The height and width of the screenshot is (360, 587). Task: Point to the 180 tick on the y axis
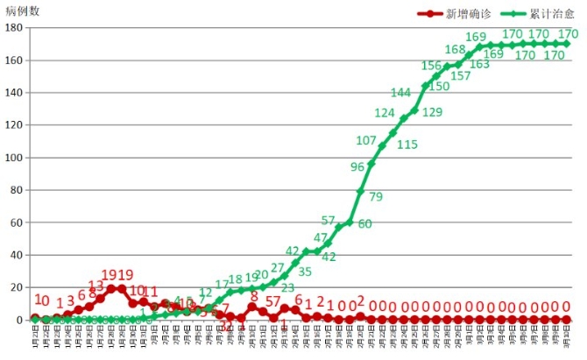tap(12, 27)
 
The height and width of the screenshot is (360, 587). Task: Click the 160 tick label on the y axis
tap(12, 60)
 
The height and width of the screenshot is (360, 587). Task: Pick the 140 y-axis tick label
tap(12, 92)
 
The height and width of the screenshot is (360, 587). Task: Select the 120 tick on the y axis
tap(12, 124)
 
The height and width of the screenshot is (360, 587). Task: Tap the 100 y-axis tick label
tap(12, 158)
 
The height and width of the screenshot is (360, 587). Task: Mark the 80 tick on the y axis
tap(16, 190)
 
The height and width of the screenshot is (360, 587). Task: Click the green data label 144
tap(400, 93)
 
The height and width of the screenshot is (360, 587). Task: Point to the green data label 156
tap(431, 66)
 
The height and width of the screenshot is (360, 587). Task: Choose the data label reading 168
tap(455, 49)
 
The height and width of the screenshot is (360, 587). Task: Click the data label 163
tap(479, 64)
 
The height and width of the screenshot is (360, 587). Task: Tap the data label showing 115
tap(407, 145)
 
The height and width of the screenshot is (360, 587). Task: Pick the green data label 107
tap(366, 140)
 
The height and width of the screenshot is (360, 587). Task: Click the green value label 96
tap(357, 166)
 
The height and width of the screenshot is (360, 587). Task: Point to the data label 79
tap(376, 196)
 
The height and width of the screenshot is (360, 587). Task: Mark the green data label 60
tap(364, 224)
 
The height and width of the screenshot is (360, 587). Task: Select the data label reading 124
tap(385, 113)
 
